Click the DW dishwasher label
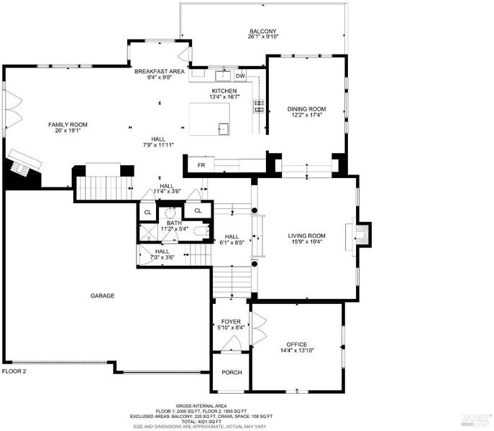(240, 76)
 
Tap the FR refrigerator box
(201, 164)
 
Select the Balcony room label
(263, 31)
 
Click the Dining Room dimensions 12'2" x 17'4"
(306, 115)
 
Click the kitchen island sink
(224, 128)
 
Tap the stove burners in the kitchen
(260, 106)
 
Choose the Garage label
(102, 296)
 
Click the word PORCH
(232, 372)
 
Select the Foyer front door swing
(232, 343)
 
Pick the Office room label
(297, 344)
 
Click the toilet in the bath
(201, 232)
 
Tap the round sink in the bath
(170, 213)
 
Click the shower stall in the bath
(149, 232)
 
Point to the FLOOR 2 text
(14, 371)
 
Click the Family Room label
(68, 125)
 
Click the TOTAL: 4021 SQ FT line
(201, 422)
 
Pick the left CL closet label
(147, 213)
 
